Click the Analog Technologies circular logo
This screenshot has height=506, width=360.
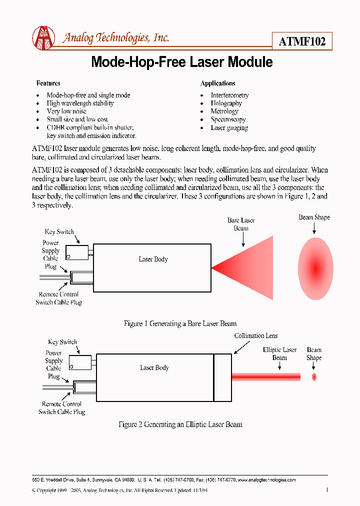(x=43, y=38)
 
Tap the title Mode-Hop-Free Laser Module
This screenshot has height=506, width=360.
(x=182, y=62)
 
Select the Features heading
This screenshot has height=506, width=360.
(x=48, y=83)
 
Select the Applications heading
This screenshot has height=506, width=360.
(x=217, y=83)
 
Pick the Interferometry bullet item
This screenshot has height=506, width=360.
(x=229, y=95)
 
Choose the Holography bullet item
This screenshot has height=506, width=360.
(x=226, y=103)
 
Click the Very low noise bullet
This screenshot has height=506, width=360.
(x=66, y=111)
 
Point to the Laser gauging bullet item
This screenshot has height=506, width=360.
(x=229, y=128)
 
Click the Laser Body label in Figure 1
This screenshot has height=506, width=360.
(x=153, y=259)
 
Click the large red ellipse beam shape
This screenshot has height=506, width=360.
(x=315, y=268)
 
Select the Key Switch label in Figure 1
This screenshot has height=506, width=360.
(x=59, y=232)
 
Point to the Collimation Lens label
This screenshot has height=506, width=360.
(x=256, y=336)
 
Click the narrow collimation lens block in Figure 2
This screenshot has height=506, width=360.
(x=222, y=377)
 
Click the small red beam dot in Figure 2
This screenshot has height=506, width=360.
(x=314, y=377)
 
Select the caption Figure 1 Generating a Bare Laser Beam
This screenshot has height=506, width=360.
(x=180, y=324)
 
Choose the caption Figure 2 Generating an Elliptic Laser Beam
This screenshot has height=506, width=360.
(x=180, y=424)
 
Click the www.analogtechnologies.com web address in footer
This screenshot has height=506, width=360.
(x=266, y=480)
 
